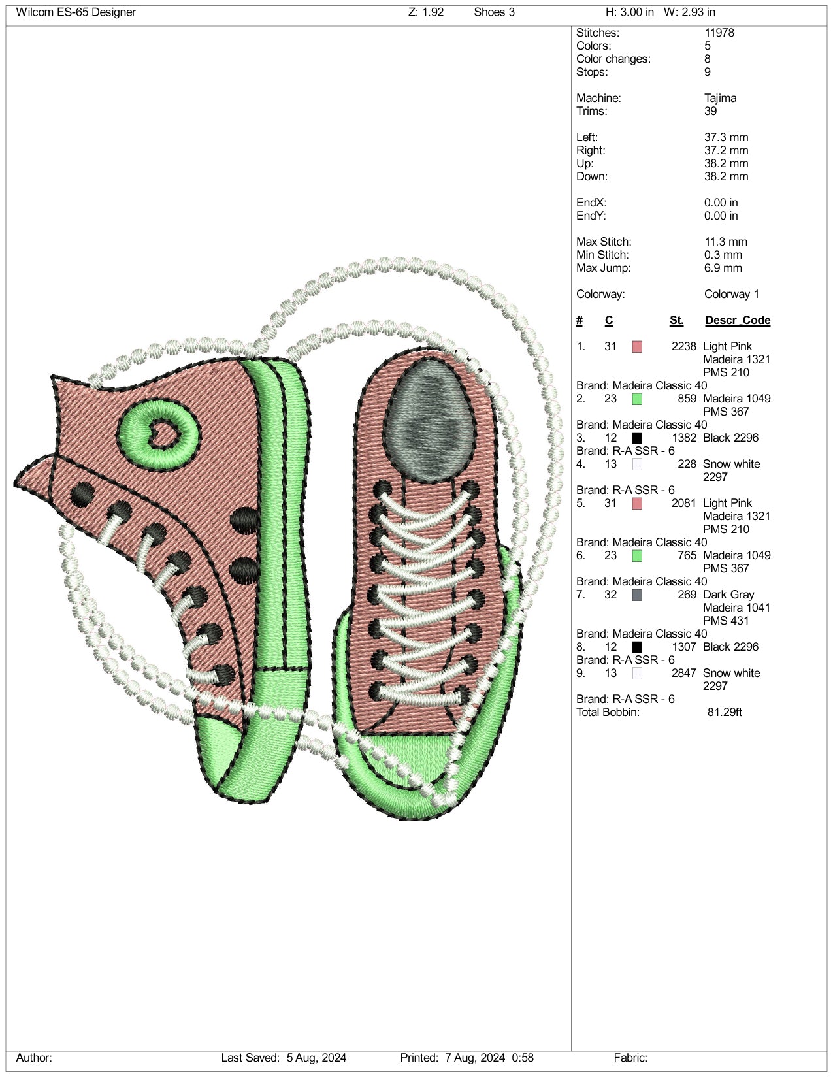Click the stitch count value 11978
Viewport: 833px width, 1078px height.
719,33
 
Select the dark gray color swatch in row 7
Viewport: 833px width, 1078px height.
637,595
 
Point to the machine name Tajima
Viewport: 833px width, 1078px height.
720,98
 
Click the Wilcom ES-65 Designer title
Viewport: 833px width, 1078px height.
76,12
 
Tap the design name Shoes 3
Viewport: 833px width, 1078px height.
494,12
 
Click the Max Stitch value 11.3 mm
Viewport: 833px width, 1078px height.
726,242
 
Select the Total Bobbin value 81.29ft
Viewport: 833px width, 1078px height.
725,712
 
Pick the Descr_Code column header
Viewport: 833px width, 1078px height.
738,320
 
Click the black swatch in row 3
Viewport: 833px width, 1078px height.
637,438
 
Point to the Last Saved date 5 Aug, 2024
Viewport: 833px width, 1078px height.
316,1058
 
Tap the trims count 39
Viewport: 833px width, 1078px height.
710,111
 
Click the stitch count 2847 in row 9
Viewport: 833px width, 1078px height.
684,673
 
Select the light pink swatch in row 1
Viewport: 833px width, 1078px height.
637,347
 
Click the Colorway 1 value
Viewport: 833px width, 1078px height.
731,294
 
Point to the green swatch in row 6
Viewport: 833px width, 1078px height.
637,556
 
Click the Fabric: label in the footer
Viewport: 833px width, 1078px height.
630,1058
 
